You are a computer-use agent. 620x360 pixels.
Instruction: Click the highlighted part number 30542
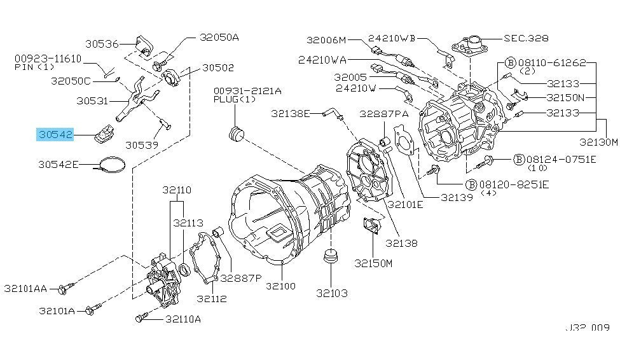(x=55, y=135)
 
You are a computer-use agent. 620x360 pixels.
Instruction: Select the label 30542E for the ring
(x=58, y=165)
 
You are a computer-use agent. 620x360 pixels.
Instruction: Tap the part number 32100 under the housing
(x=282, y=286)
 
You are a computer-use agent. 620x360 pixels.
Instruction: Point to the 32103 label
(x=333, y=293)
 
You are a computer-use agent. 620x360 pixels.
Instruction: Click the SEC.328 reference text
(x=527, y=38)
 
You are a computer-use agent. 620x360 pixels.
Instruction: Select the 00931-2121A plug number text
(x=247, y=90)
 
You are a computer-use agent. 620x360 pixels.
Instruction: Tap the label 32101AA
(x=25, y=289)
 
